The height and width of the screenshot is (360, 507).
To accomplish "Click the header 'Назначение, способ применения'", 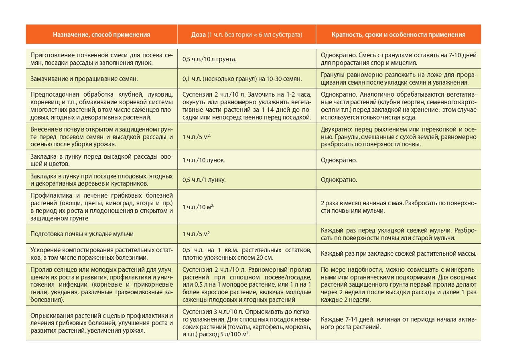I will (x=101, y=35).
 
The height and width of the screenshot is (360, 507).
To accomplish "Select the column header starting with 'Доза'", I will (x=247, y=35).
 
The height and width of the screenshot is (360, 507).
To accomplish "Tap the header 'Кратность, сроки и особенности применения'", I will (x=398, y=35).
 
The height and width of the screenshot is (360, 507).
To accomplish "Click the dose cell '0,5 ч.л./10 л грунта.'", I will (x=209, y=59).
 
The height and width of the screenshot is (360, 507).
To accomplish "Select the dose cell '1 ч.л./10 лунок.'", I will (x=204, y=160).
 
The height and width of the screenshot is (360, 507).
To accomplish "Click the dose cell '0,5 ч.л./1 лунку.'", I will (x=204, y=180).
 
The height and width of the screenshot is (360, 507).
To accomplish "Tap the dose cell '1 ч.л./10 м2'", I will (x=198, y=207).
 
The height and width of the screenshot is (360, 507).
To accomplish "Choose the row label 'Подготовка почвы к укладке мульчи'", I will (x=82, y=234).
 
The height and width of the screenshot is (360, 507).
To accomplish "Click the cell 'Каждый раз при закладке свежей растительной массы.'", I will (x=398, y=253).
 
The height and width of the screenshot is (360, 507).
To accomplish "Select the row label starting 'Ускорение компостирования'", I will (x=101, y=253).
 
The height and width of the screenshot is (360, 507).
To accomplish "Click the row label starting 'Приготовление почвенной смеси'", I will (x=101, y=59).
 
